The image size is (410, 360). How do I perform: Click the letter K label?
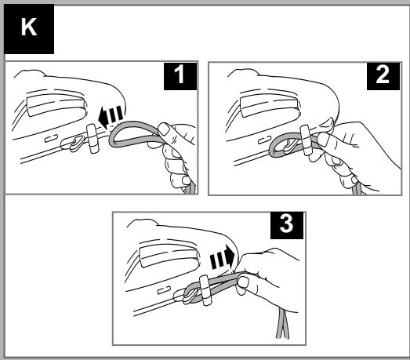click(x=29, y=29)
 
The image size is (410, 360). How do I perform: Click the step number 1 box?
click(x=180, y=76)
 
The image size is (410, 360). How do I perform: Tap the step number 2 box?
click(x=383, y=76)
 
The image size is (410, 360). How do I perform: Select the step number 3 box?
click(x=287, y=225)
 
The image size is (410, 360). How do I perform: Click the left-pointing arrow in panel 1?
click(x=111, y=117)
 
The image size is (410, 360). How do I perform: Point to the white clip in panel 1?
click(x=93, y=138)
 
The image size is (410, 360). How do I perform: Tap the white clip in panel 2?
click(x=306, y=140)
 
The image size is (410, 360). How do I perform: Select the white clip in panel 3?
click(x=205, y=290)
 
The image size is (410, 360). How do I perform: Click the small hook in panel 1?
click(x=77, y=144)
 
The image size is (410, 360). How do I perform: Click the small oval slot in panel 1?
click(x=51, y=138)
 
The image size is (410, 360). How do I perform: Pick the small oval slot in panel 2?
click(x=265, y=140)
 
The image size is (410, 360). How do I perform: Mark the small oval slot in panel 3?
click(x=164, y=290)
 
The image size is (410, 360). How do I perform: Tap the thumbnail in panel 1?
click(x=165, y=129)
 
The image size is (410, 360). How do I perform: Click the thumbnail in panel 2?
click(x=323, y=140)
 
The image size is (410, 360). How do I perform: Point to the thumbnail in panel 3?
click(x=243, y=282)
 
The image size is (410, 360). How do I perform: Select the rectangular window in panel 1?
click(x=56, y=105)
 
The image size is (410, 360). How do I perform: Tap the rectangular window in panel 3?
click(x=169, y=256)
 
